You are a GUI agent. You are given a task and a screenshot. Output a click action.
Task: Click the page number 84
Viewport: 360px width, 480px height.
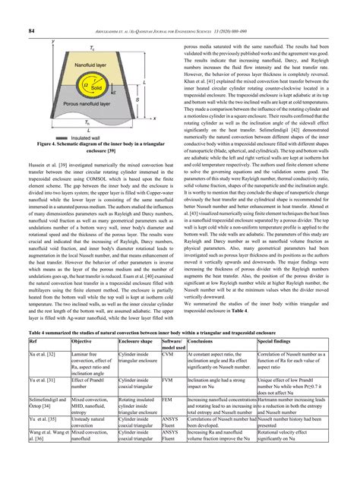(33, 30)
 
